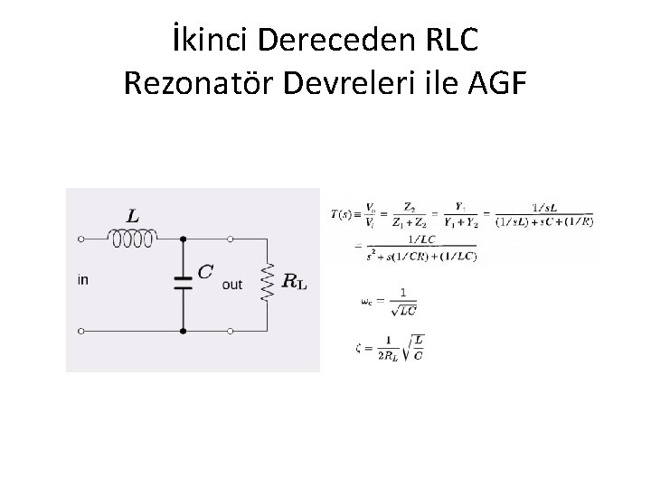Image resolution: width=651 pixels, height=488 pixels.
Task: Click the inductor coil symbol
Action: coord(132,239)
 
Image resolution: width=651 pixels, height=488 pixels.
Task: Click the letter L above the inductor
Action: coord(132,217)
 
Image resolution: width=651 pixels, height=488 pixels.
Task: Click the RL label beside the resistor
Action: coord(295,282)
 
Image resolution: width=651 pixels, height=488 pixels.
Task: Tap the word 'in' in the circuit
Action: coord(83,280)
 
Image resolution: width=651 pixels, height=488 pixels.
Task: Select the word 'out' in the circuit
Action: coord(232,285)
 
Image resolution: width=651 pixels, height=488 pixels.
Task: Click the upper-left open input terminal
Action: coord(80,240)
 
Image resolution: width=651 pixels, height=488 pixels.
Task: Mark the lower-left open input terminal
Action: coord(80,331)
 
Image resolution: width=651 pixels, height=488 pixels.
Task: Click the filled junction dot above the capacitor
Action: coord(183,240)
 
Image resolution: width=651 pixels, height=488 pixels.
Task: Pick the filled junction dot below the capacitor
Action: coord(183,331)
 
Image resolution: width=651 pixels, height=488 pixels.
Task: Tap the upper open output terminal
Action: coord(231,240)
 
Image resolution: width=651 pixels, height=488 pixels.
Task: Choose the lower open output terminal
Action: coord(231,331)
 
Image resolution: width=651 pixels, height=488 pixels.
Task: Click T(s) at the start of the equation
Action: coord(343,213)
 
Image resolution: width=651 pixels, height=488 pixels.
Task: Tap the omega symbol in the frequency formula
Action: coord(364,302)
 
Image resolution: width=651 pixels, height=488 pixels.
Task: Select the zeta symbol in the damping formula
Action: coord(359,348)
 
